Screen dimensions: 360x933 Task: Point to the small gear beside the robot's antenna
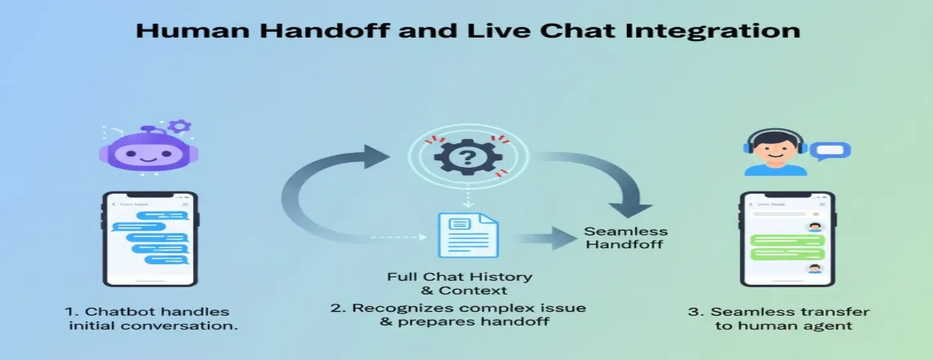click(x=179, y=127)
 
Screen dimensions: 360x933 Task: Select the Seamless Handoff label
click(x=625, y=238)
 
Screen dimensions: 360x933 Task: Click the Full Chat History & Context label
click(x=459, y=283)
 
